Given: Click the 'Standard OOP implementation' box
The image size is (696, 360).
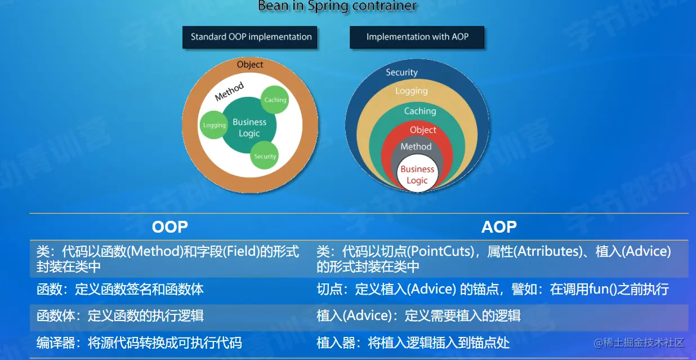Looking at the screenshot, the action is tap(249, 37).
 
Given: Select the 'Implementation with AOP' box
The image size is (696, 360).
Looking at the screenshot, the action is tap(417, 37).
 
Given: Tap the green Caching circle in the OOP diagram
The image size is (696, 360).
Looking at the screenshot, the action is tap(275, 100).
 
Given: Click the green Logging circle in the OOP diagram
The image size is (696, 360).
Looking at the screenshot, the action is tap(214, 125).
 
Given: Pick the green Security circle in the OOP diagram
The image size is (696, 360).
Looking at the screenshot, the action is tap(265, 155).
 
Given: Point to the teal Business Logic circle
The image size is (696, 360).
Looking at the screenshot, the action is tap(249, 125).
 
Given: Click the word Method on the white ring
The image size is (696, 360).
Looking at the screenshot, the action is tap(229, 91).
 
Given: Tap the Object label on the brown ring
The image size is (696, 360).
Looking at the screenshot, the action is tap(250, 65).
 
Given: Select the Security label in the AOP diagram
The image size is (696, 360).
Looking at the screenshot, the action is tap(401, 73).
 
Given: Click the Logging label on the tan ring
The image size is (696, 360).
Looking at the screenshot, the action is tap(412, 91).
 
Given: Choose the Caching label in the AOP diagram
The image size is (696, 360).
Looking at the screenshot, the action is tap(420, 111).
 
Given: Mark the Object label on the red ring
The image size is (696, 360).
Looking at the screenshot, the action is tap(423, 130).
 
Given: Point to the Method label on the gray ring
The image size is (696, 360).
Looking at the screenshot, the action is tap(416, 146).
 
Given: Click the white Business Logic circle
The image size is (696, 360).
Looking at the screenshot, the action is tap(417, 175).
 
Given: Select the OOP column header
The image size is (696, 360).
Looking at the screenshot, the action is tap(169, 227).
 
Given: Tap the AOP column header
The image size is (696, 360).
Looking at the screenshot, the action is tap(499, 227).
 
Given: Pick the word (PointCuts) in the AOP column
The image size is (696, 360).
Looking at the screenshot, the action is tap(440, 251).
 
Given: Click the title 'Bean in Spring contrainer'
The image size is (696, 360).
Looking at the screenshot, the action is tap(337, 6).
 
